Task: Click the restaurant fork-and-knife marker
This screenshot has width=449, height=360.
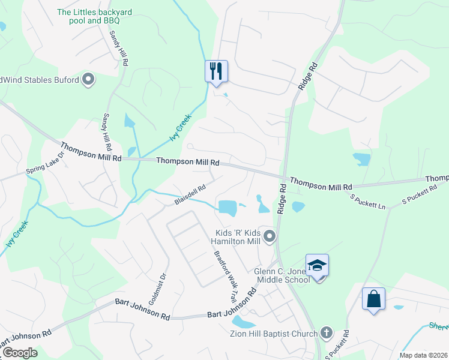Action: point(216,71)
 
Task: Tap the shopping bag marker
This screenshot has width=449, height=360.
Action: point(373,299)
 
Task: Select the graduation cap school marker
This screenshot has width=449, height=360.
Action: point(317,265)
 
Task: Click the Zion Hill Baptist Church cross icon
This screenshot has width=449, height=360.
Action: point(326,332)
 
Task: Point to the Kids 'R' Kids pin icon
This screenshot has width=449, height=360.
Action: point(270,236)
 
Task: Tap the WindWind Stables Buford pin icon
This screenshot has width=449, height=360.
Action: point(89,79)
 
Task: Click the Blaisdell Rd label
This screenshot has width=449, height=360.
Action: point(190,194)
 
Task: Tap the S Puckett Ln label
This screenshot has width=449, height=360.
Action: point(368,202)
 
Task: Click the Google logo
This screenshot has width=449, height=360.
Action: point(20,352)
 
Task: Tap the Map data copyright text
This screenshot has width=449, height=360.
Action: point(423,355)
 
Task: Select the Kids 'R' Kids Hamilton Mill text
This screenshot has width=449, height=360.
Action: point(240,236)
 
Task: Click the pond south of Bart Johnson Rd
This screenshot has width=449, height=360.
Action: point(243,322)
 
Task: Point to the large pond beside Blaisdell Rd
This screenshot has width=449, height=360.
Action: point(228,208)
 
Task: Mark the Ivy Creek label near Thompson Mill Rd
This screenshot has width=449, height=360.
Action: point(179,127)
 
